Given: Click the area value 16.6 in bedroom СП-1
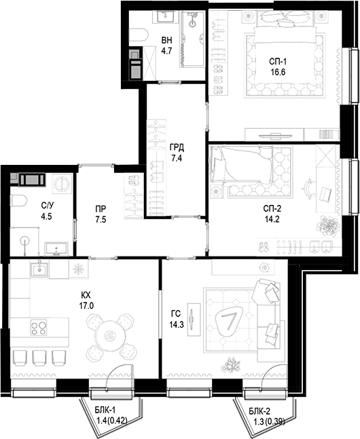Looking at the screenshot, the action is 278,72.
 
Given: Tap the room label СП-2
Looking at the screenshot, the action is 272,208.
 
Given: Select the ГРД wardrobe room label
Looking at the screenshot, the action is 177,147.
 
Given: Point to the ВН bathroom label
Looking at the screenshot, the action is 166,40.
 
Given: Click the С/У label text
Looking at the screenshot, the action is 47,206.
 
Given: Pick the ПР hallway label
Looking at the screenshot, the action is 101,209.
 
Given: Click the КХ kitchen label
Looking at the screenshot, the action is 86,295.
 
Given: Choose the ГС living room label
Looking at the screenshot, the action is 176,313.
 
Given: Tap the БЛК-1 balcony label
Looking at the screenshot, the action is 105,411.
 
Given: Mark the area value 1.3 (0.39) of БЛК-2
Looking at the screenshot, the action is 269,421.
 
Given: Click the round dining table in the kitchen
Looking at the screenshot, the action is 108,336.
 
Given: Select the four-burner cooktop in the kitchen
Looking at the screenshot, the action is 39,328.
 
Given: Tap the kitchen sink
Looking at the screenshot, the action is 39,269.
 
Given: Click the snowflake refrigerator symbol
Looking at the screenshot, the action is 79,269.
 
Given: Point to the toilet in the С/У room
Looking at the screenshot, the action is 18,201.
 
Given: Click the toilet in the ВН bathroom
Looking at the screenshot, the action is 139,35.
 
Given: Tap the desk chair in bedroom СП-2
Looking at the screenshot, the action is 308,189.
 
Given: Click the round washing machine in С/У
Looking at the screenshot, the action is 62,185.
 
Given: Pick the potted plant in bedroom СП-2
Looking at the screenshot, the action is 328,226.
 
